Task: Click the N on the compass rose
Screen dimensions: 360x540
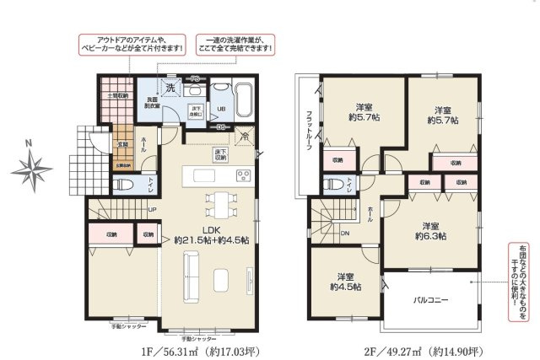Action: tap(29, 144)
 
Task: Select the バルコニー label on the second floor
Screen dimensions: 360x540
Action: tap(429, 299)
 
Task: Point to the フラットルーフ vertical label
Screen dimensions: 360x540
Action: tap(309, 131)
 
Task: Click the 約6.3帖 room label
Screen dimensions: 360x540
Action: tap(430, 231)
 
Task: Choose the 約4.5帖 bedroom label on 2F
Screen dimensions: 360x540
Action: tap(345, 282)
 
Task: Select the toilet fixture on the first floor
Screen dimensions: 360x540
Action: tap(121, 183)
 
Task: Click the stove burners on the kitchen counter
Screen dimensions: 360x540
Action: tap(243, 175)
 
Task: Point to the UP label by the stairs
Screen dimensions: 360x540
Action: tap(152, 210)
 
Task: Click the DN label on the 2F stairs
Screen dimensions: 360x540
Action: tap(345, 234)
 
